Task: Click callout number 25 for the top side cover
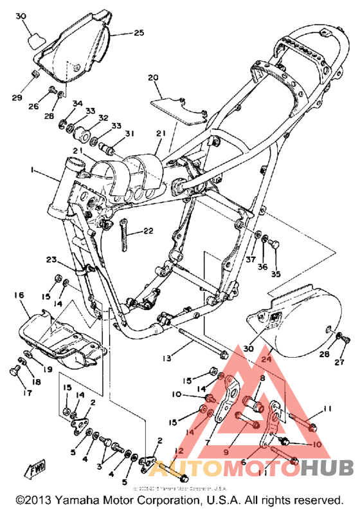(x=139, y=33)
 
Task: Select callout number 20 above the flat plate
(x=152, y=78)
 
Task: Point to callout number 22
(x=148, y=231)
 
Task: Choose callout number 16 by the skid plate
(x=19, y=295)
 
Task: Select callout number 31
(x=130, y=134)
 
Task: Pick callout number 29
(x=18, y=97)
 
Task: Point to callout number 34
(x=77, y=103)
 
